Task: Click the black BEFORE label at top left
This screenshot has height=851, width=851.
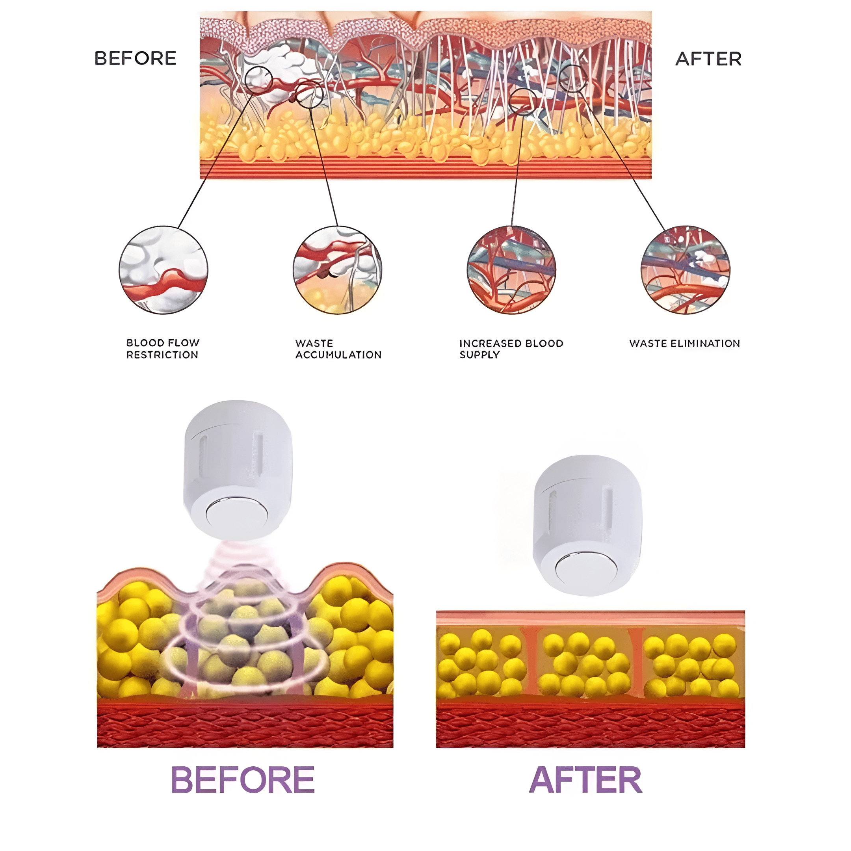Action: pyautogui.click(x=135, y=58)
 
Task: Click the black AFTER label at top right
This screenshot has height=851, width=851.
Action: pyautogui.click(x=708, y=59)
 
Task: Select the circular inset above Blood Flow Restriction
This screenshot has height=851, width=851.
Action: pyautogui.click(x=164, y=270)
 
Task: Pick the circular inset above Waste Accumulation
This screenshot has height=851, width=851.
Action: pyautogui.click(x=337, y=270)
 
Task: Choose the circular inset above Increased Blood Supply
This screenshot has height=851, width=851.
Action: pyautogui.click(x=511, y=270)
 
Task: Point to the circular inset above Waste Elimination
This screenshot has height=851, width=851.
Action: pyautogui.click(x=686, y=270)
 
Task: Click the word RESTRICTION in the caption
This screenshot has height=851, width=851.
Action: pyautogui.click(x=162, y=355)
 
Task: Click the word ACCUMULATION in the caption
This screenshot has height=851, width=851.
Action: pyautogui.click(x=338, y=355)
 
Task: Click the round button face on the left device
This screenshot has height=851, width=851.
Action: pyautogui.click(x=237, y=515)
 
